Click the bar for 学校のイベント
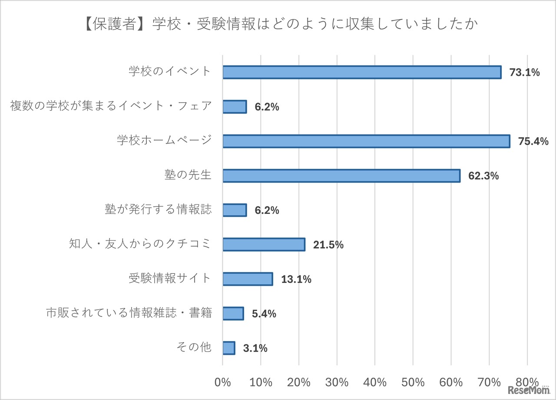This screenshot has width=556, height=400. (362, 72)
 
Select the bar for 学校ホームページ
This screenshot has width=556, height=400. (366, 141)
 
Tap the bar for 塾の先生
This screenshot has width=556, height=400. (341, 176)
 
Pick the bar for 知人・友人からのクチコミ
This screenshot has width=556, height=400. (264, 245)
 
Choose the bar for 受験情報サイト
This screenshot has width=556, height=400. (248, 279)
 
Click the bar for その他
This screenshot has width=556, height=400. (228, 348)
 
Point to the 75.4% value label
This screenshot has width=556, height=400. (533, 141)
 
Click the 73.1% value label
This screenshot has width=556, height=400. (524, 72)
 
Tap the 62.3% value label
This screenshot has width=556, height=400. (483, 176)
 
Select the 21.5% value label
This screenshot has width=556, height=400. (328, 245)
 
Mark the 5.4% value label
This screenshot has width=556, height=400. (264, 314)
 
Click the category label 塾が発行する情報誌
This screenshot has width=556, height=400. (158, 210)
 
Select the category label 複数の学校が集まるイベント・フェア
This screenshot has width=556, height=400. (111, 107)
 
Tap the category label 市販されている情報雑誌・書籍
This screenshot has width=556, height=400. (129, 313)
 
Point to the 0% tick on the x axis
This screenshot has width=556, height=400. (223, 382)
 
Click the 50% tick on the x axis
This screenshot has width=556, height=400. (413, 382)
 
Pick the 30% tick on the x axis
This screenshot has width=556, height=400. (337, 382)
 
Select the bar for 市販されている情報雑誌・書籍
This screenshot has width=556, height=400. (233, 314)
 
